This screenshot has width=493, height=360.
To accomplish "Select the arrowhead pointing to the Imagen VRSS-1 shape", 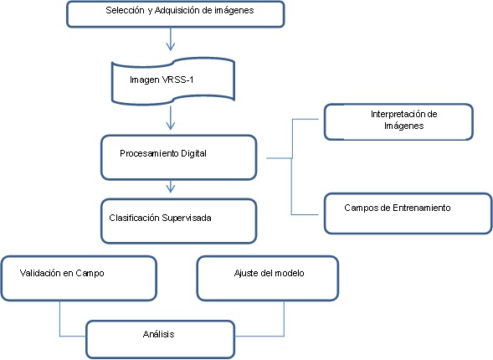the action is click(171, 46).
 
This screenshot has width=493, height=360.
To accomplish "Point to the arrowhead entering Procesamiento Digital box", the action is click(171, 126).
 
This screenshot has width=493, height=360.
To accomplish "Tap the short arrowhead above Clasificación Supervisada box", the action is click(171, 188).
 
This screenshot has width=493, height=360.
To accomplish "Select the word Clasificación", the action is click(134, 218).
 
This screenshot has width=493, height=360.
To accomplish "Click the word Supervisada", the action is click(187, 218).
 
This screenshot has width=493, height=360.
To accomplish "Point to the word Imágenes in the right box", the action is click(403, 126).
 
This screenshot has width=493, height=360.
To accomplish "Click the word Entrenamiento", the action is click(422, 208).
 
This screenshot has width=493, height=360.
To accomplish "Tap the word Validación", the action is click(40, 273).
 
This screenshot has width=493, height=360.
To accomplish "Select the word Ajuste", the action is click(245, 273).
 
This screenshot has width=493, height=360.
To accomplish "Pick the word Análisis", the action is click(158, 334).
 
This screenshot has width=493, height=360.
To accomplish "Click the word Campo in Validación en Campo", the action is click(90, 273).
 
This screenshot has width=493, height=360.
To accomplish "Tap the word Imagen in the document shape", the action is click(145, 80).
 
